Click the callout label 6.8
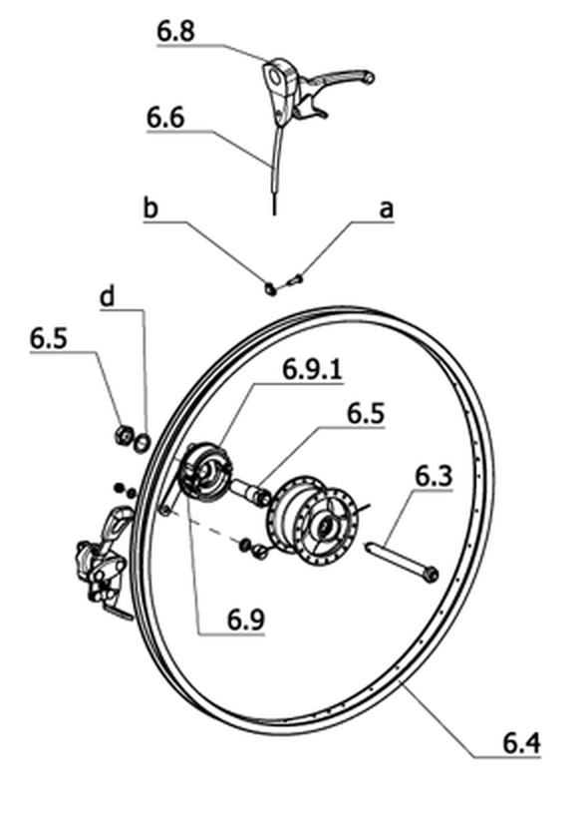click(x=175, y=32)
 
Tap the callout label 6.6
click(x=165, y=117)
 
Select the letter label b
click(x=150, y=208)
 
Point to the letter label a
click(x=386, y=210)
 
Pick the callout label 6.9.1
click(x=313, y=369)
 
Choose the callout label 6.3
click(x=434, y=476)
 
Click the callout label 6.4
click(x=521, y=743)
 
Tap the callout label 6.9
click(x=245, y=621)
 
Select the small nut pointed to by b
click(x=271, y=289)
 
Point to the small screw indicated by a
click(x=295, y=278)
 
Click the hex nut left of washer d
click(x=124, y=435)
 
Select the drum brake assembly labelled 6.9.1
click(x=206, y=472)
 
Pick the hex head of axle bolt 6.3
click(x=430, y=576)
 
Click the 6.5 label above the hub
click(x=366, y=414)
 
